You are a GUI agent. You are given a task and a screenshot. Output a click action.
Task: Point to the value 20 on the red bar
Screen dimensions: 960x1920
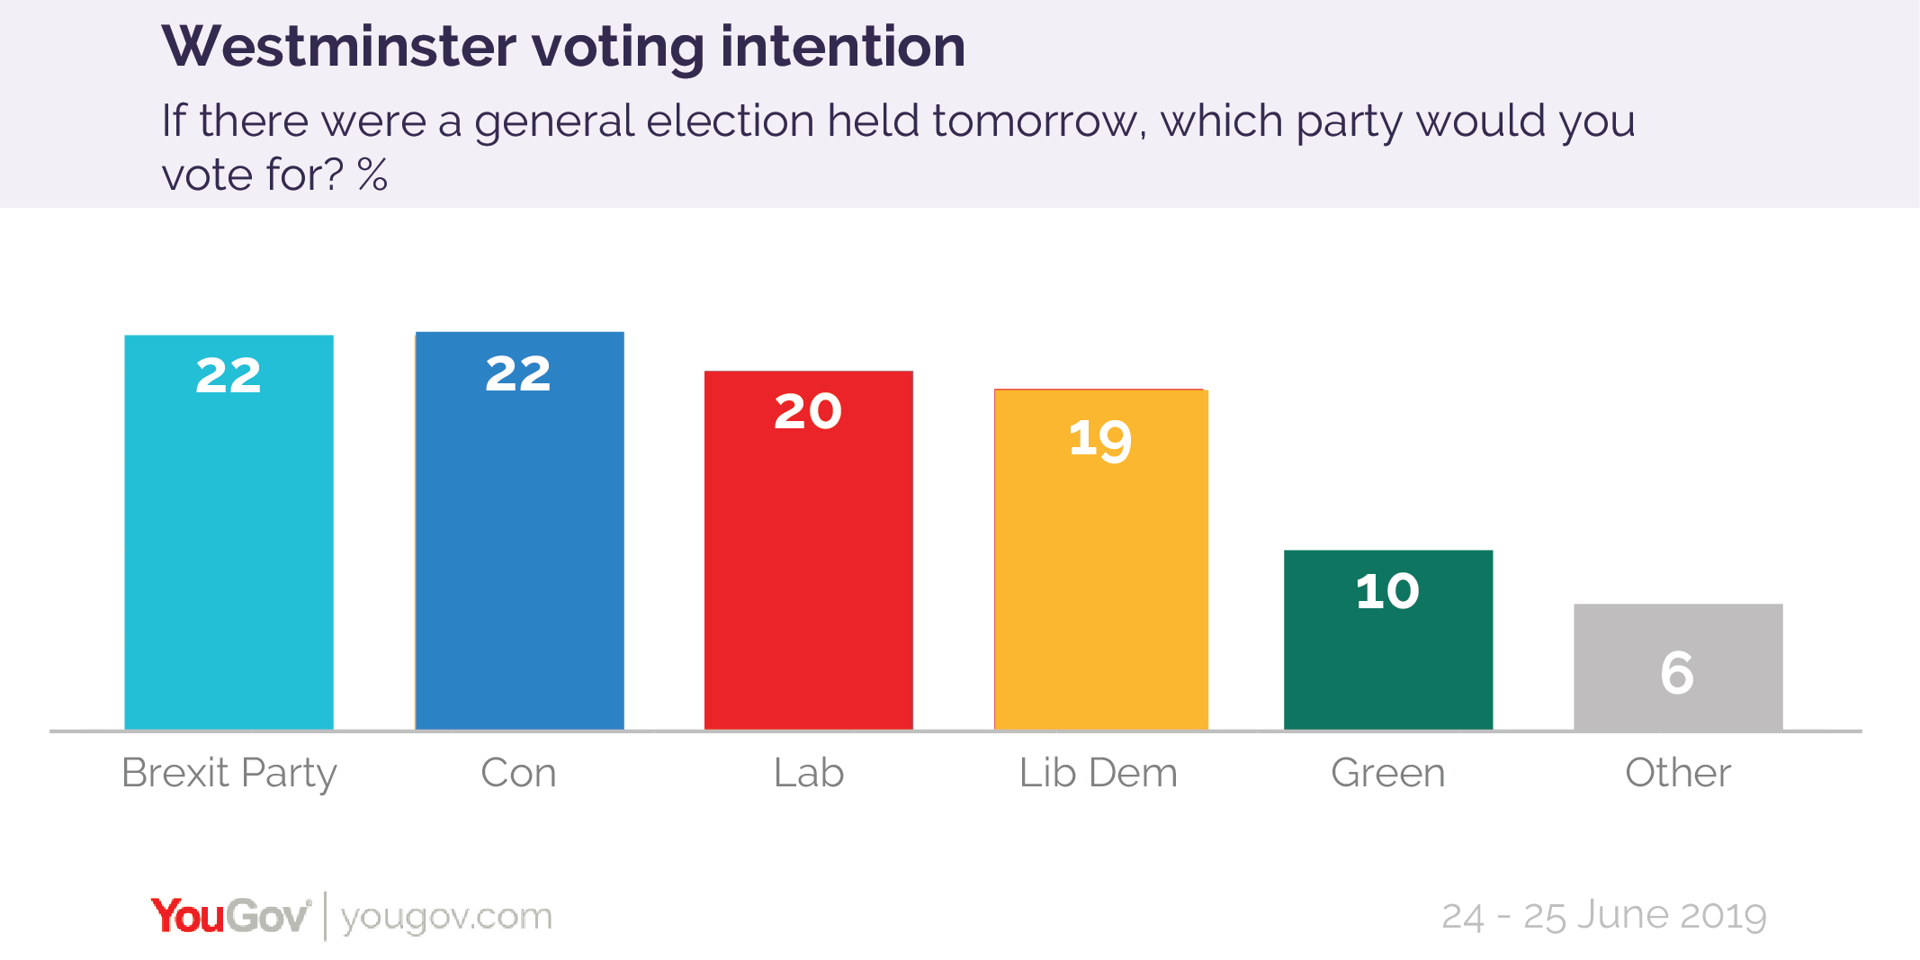(808, 412)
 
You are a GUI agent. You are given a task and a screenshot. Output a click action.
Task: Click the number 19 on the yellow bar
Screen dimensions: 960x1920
(1099, 440)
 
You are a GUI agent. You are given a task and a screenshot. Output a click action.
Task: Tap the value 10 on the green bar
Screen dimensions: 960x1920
(1387, 592)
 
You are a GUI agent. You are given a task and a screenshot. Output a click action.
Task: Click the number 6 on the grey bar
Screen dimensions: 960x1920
(1677, 673)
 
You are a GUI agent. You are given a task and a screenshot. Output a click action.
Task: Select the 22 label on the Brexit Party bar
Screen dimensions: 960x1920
(229, 375)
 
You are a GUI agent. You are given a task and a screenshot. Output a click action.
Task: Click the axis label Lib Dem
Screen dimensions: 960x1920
(1098, 773)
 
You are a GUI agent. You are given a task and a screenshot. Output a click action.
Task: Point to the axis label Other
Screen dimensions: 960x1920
(1677, 773)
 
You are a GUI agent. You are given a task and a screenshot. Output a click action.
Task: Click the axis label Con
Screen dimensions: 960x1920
(518, 773)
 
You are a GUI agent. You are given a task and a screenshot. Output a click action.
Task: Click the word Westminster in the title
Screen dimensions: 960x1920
(339, 47)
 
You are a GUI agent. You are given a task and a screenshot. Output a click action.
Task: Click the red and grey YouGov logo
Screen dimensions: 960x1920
(230, 916)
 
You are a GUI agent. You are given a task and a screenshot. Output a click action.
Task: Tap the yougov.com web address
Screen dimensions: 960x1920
(446, 917)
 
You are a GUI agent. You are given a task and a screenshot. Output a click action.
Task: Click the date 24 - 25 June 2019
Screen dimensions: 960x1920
(1603, 916)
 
